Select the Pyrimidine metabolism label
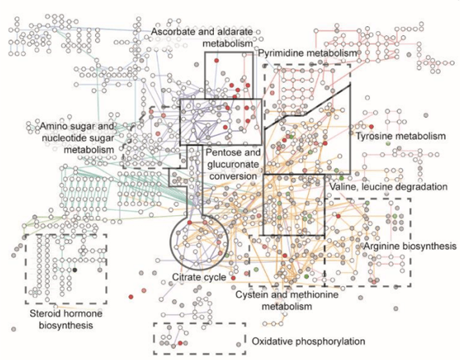[x=308, y=53]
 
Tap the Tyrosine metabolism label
[x=400, y=136]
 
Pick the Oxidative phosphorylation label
[x=308, y=341]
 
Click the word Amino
[x=53, y=127]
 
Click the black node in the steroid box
[x=75, y=270]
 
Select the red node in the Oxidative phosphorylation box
[x=180, y=343]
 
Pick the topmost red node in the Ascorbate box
[x=217, y=61]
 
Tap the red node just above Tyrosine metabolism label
[x=372, y=127]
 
